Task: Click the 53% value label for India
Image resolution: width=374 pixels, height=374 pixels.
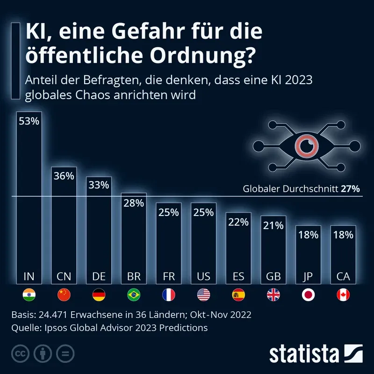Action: tap(29, 121)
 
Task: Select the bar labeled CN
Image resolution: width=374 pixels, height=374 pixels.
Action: tap(64, 224)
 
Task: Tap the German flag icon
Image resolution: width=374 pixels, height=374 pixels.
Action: tap(99, 295)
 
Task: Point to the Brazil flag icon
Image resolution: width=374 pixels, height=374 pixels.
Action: tap(134, 295)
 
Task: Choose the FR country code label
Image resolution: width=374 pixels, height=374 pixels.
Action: tap(168, 276)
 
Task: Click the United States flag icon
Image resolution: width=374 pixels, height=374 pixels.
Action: tap(203, 295)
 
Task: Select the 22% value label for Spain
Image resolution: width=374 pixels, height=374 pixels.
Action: tap(238, 222)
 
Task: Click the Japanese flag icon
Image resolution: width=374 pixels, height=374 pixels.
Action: tap(308, 295)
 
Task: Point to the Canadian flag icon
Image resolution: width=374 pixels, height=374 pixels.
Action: tap(343, 295)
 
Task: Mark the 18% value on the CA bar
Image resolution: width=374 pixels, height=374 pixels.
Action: tap(343, 235)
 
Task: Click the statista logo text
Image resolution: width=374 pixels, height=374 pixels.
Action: tap(304, 353)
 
